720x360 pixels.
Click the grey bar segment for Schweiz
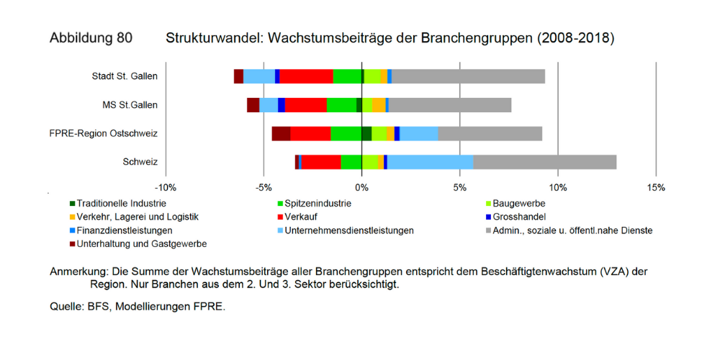tap(544, 162)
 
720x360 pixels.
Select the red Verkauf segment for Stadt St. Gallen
tap(306, 77)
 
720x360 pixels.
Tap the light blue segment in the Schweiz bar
tap(430, 162)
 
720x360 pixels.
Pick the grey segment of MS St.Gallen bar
tap(450, 105)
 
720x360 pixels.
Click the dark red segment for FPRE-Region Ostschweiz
tap(281, 133)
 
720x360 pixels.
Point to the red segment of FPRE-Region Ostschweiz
tap(310, 133)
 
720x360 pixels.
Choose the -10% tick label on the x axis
tap(166, 188)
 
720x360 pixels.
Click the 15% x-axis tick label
tap(656, 188)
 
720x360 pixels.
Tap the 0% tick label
tap(362, 188)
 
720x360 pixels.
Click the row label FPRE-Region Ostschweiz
tap(103, 133)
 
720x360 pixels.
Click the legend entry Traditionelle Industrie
tap(122, 203)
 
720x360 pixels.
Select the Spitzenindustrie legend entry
tap(318, 203)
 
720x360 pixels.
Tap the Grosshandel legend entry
tap(521, 217)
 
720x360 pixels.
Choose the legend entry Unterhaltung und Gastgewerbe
tap(141, 244)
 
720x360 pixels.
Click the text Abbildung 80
tap(91, 38)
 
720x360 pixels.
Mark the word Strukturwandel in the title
tap(212, 38)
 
